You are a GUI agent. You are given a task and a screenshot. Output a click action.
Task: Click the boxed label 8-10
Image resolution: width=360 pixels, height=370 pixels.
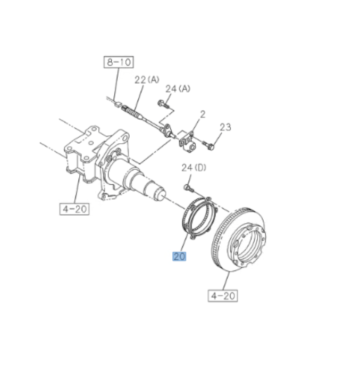(x=119, y=63)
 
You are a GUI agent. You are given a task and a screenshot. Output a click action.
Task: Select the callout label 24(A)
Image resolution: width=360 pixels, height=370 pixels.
(x=178, y=88)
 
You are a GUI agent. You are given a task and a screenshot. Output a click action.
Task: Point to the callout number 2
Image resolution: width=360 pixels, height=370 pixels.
(x=203, y=114)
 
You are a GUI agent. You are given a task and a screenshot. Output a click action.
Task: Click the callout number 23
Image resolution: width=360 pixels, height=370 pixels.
(x=225, y=127)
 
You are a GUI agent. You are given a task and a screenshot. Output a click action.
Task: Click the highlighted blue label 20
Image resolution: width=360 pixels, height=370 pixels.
(x=179, y=256)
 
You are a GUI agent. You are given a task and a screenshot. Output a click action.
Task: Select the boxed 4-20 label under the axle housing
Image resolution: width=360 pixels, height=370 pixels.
(x=74, y=208)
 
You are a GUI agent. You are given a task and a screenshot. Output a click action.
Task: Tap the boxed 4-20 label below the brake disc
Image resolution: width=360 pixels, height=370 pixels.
(x=223, y=295)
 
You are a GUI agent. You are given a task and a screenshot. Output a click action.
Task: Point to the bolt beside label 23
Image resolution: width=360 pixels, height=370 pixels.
(x=208, y=144)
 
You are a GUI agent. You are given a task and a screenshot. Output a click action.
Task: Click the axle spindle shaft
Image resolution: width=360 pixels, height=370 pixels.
(x=141, y=181)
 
